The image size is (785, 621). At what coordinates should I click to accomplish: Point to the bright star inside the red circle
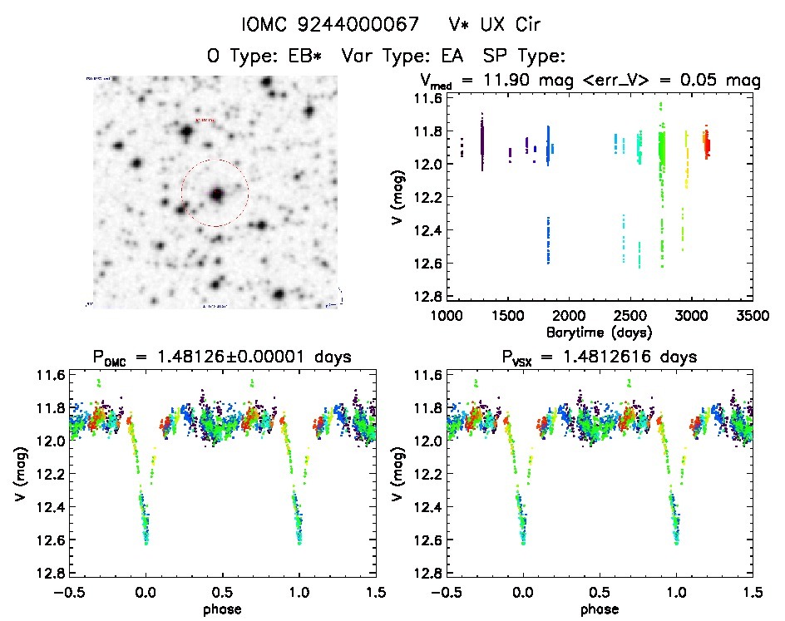[217, 195]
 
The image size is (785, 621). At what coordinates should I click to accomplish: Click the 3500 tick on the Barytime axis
[753, 315]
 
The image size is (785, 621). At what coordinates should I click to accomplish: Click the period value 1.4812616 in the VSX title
[646, 357]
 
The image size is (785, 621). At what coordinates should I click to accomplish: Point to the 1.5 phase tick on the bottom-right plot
[753, 592]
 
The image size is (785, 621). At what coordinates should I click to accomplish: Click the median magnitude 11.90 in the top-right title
[535, 81]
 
